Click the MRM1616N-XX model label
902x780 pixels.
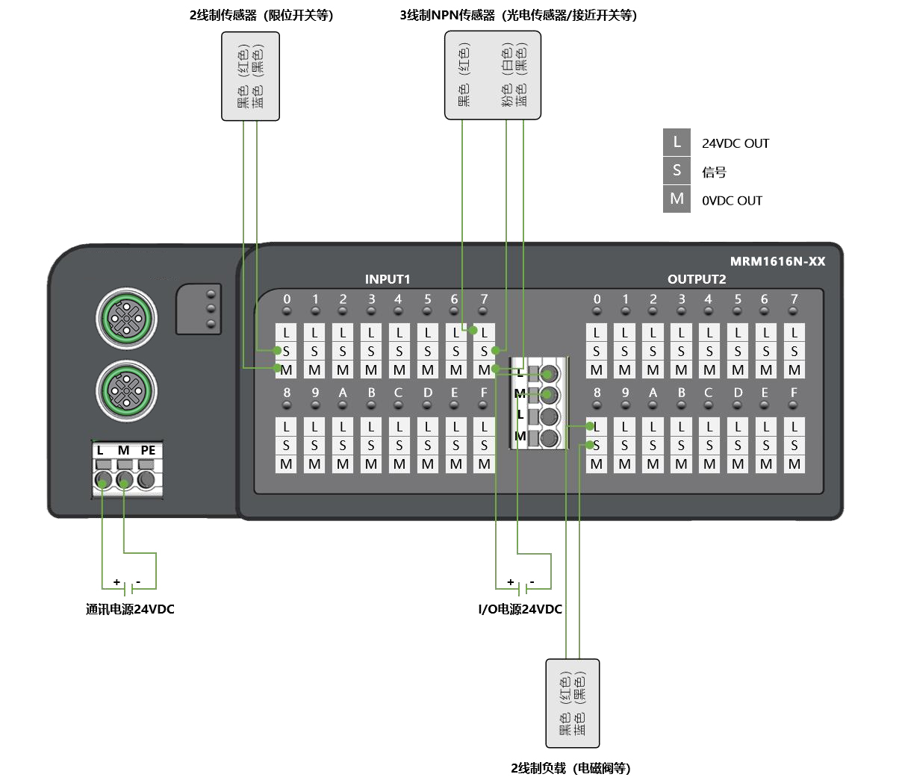[x=777, y=261]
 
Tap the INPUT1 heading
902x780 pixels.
[x=388, y=279]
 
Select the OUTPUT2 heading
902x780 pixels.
[x=697, y=279]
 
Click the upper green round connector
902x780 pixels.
[x=126, y=319]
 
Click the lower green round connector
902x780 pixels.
[x=126, y=391]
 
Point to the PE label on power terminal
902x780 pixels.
[x=148, y=450]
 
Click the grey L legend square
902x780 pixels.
[x=676, y=143]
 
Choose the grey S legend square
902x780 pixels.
[x=676, y=171]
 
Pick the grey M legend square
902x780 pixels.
[x=676, y=199]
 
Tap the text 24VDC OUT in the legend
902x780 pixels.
[x=735, y=143]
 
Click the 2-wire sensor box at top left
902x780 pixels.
[x=250, y=76]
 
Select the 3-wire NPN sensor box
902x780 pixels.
[x=492, y=75]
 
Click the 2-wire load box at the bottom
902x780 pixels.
[x=573, y=703]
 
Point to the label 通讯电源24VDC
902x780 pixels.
[x=130, y=609]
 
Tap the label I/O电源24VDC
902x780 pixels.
[x=520, y=609]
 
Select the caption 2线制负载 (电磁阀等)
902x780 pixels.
[x=570, y=768]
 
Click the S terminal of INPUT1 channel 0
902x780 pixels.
[x=286, y=351]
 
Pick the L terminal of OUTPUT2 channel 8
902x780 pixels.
[x=596, y=426]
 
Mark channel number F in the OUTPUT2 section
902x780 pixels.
[x=794, y=393]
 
